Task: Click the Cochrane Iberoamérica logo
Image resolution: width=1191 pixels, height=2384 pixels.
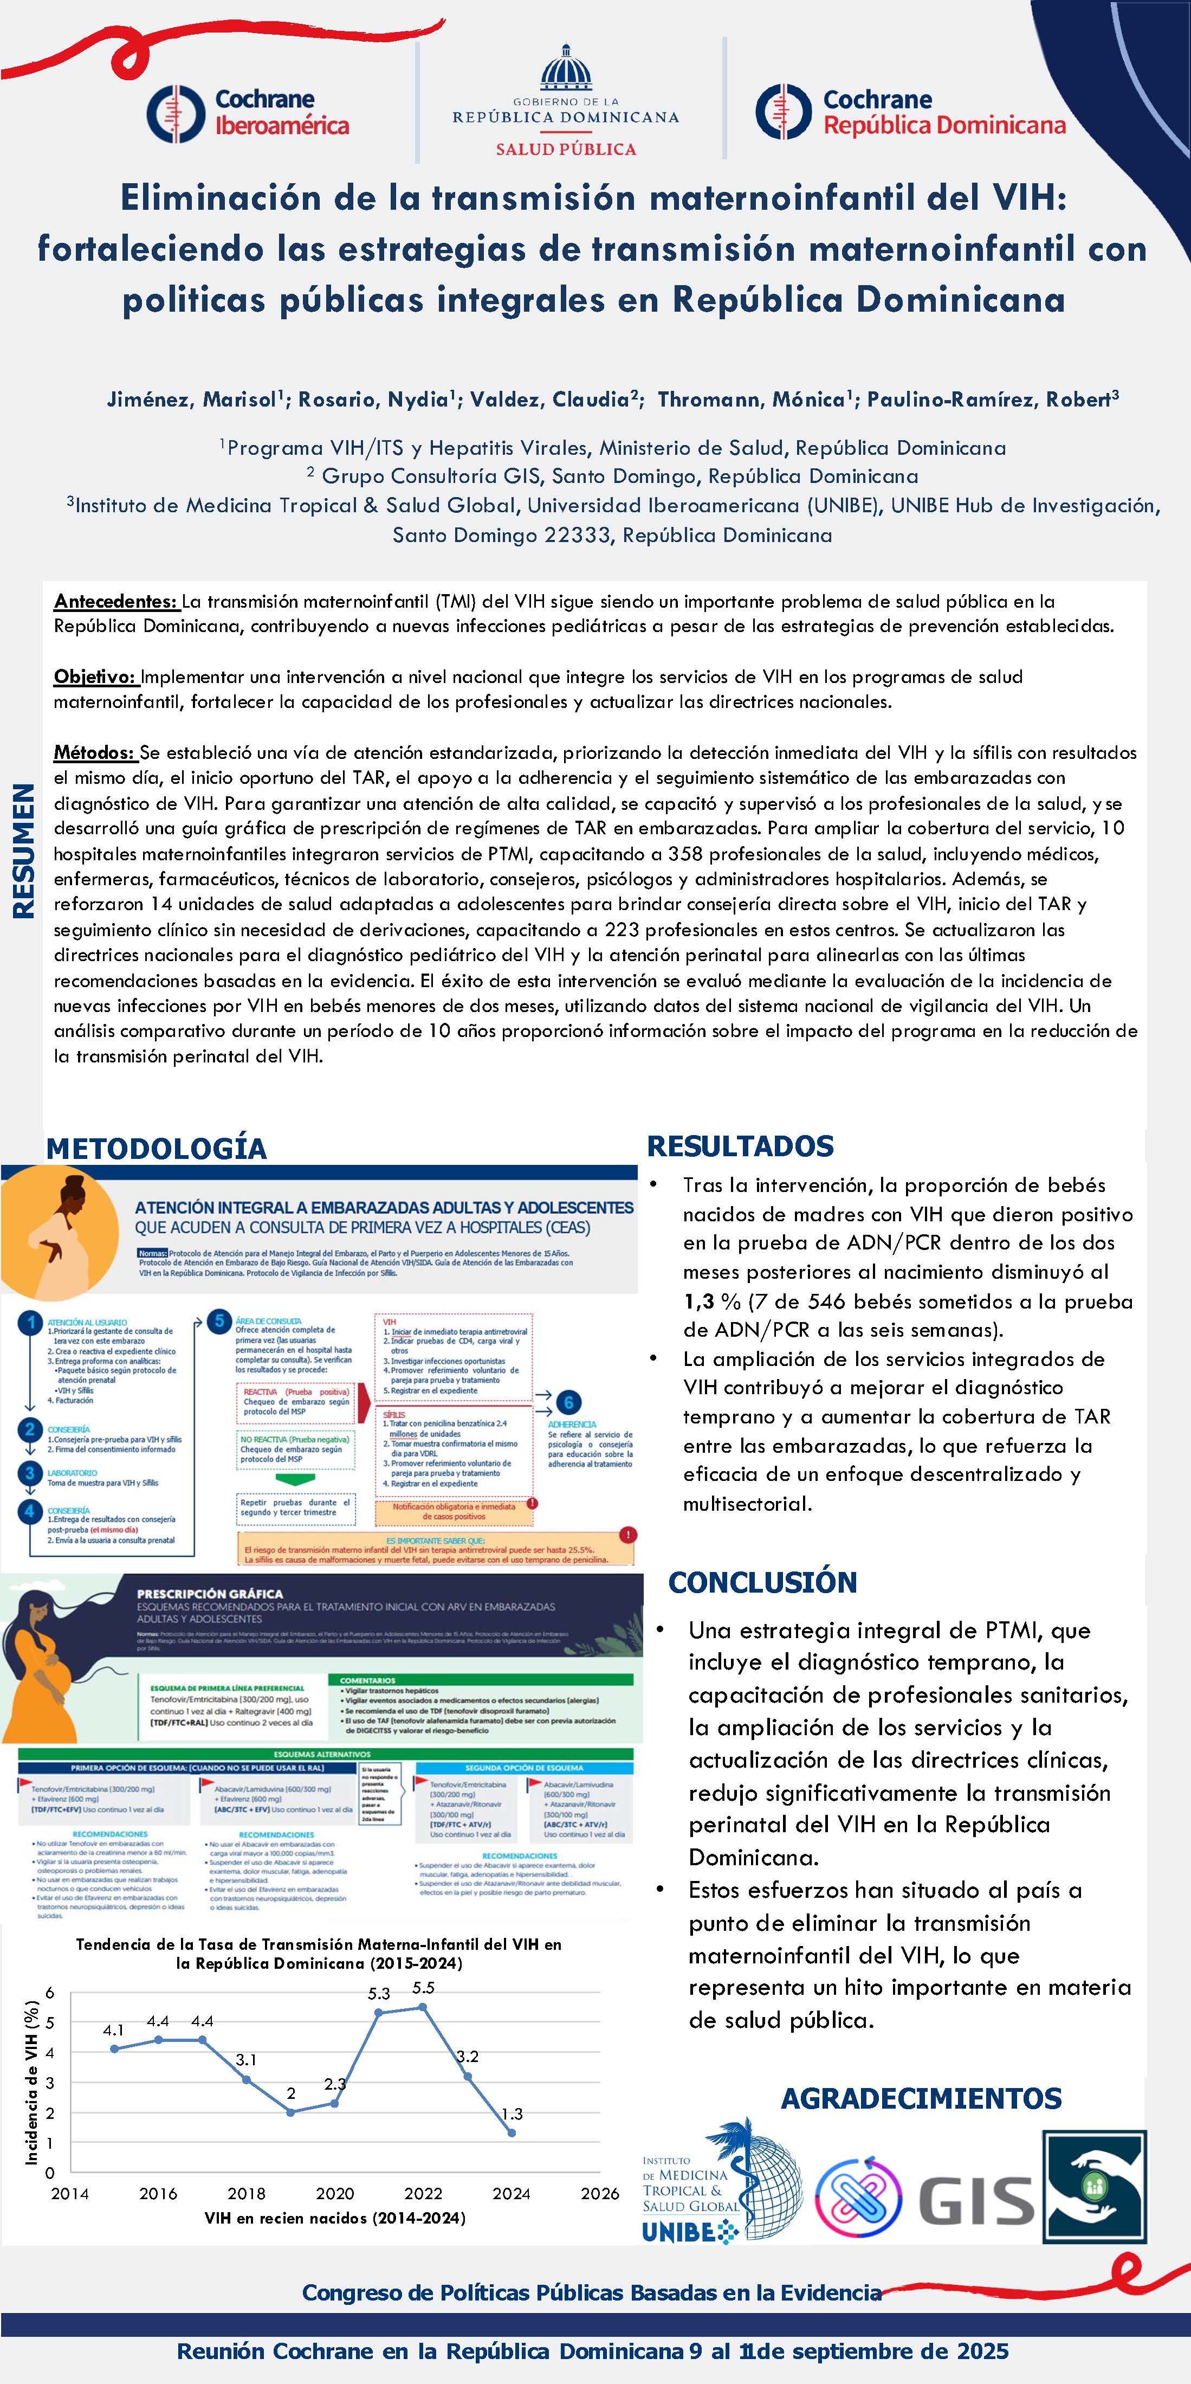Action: [248, 113]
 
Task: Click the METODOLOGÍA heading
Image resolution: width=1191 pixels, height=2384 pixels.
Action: [157, 1149]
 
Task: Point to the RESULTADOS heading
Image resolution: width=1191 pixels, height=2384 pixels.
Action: [740, 1146]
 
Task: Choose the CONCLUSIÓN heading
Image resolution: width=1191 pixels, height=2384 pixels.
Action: [762, 1582]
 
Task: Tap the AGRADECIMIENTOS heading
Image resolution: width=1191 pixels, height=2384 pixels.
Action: [921, 2098]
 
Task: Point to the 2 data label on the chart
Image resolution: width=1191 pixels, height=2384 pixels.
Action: [290, 2093]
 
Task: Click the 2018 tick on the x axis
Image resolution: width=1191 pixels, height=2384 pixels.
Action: [246, 2193]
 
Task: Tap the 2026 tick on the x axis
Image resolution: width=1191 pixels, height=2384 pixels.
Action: [600, 2193]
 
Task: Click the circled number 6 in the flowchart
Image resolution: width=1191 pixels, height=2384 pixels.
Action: [569, 1402]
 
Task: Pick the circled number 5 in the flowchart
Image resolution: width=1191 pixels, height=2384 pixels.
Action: [219, 1320]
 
